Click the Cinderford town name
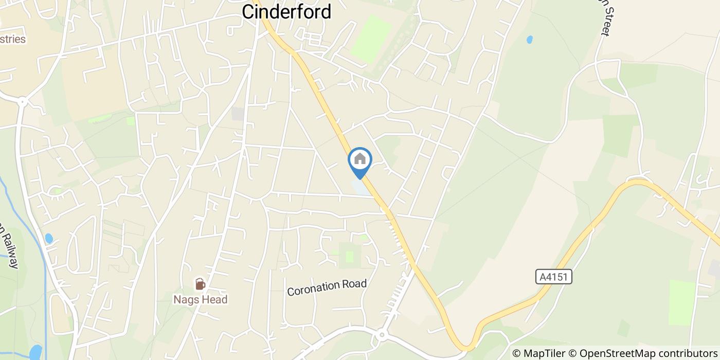[286, 11]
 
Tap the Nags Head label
[200, 299]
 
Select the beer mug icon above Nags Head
[200, 284]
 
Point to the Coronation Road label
[327, 287]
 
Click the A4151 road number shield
[553, 277]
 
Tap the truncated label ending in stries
[12, 39]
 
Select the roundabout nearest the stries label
[22, 102]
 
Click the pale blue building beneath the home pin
[359, 187]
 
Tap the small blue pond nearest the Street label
[530, 40]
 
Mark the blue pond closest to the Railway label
[49, 238]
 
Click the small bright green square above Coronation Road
[350, 256]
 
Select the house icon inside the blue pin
[360, 158]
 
